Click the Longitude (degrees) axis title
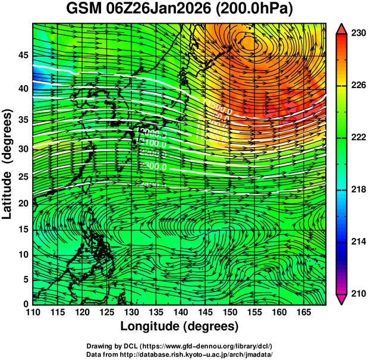pyautogui.click(x=180, y=327)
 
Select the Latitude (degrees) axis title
pyautogui.click(x=8, y=162)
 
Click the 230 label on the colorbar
pyautogui.click(x=355, y=34)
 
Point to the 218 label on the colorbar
pyautogui.click(x=355, y=189)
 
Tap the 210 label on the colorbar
pyautogui.click(x=355, y=293)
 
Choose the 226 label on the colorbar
pyautogui.click(x=355, y=86)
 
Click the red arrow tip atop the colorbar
pyautogui.click(x=341, y=29)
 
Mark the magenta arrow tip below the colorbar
pyautogui.click(x=341, y=299)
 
